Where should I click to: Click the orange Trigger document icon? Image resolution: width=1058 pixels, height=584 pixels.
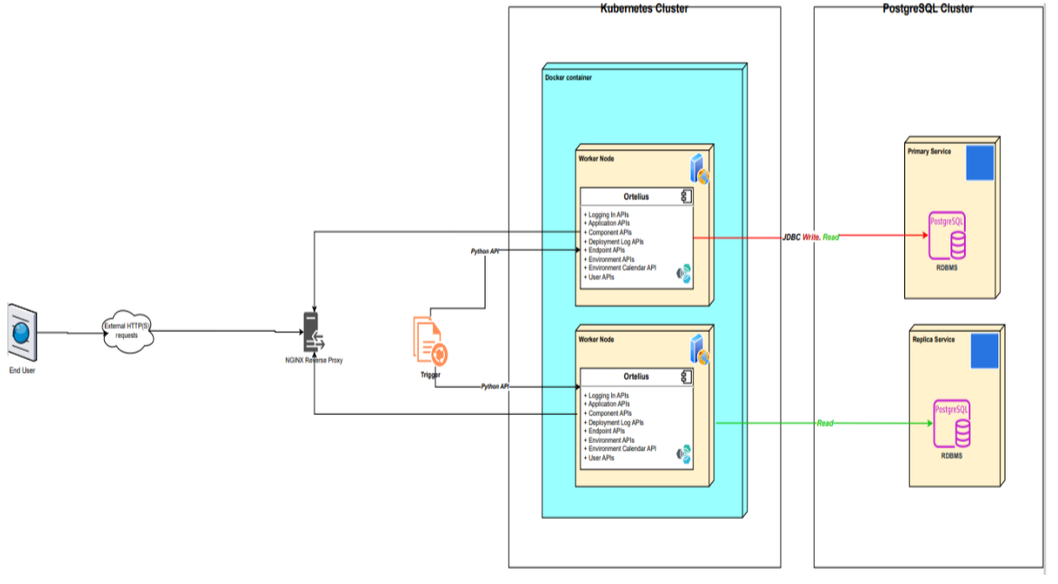430,342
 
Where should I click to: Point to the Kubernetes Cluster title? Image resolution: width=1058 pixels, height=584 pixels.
644,8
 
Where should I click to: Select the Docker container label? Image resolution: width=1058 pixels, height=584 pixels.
569,78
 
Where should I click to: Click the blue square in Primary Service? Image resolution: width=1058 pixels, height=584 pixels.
979,163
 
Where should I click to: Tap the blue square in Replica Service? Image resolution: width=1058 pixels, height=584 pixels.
984,350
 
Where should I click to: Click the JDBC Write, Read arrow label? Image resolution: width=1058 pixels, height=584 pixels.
810,237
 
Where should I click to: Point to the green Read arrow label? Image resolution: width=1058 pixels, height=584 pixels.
825,423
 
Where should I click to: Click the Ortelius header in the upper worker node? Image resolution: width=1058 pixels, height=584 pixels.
636,196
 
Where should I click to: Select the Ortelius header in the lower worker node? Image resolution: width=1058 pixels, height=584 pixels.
636,376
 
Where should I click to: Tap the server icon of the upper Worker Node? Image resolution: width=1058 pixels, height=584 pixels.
699,168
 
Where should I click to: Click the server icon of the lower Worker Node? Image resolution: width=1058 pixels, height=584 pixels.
699,350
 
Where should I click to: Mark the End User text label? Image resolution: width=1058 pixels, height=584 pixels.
23,370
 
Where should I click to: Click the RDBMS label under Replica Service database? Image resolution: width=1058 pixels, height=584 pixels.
950,457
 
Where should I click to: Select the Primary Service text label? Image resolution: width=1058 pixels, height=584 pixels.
929,152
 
